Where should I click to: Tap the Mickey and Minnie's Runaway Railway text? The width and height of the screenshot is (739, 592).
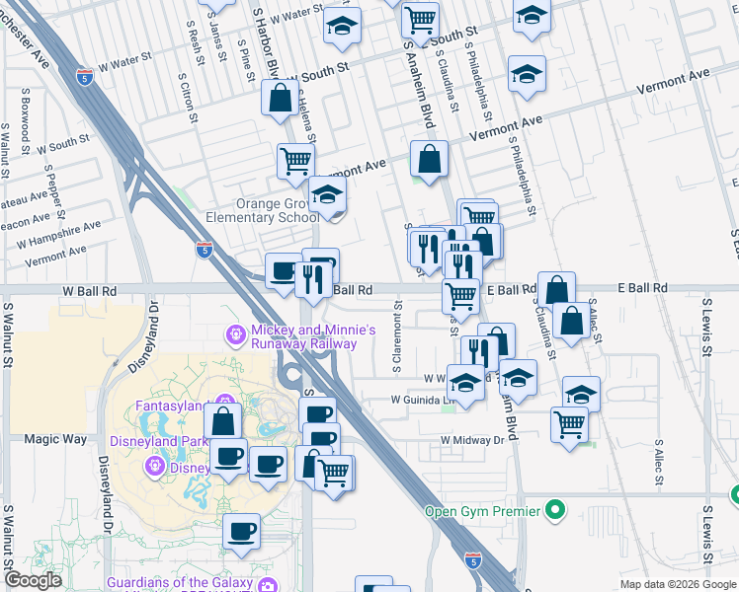click(x=302, y=336)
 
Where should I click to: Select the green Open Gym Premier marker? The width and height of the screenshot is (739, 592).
click(x=556, y=511)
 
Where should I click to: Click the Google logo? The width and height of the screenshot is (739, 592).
click(x=33, y=580)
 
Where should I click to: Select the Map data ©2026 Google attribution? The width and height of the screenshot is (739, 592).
click(x=678, y=584)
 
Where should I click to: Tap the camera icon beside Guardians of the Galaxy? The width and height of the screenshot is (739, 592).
click(x=267, y=584)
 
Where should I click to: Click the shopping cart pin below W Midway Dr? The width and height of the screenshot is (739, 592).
click(x=570, y=424)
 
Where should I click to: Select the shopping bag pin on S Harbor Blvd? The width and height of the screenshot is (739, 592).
click(x=280, y=97)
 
